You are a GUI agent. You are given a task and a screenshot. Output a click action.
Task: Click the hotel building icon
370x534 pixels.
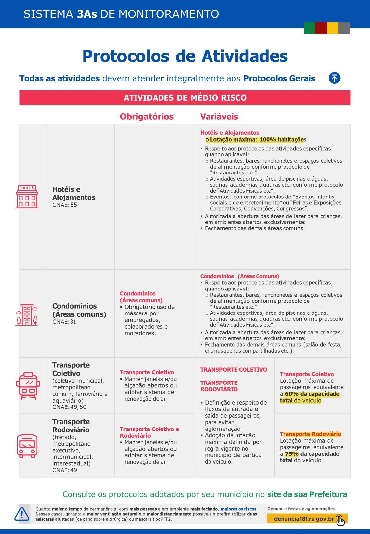coord(27,197)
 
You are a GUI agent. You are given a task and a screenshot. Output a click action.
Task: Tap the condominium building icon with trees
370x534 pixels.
coord(27,314)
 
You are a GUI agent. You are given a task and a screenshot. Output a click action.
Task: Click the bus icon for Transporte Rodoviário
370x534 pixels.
coord(27,446)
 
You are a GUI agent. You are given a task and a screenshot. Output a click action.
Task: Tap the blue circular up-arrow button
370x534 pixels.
coord(334,78)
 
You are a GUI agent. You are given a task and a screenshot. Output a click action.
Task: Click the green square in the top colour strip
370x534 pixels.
coord(309,28)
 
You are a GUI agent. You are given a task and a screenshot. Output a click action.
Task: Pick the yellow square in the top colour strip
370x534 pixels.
coord(333,28)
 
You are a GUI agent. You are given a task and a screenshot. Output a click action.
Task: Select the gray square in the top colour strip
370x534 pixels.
coord(344,28)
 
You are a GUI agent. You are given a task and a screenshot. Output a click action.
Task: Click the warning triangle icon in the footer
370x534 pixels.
coord(22,514)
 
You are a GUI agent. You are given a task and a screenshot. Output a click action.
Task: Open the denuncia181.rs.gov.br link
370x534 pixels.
coord(304,519)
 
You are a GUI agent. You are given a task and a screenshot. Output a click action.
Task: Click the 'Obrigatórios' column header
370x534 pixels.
coord(147,117)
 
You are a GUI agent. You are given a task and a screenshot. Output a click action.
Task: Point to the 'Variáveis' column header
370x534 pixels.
coord(219,117)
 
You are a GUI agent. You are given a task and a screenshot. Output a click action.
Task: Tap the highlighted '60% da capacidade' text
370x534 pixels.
coord(312,394)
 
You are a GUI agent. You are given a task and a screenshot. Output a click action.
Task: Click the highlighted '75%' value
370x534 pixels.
coord(292,454)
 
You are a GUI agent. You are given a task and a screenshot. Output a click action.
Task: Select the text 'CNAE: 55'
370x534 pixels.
coord(64,205)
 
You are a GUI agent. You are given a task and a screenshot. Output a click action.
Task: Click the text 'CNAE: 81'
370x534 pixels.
coord(64,322)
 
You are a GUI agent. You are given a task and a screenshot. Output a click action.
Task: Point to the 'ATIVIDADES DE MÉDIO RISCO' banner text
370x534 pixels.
coord(185,98)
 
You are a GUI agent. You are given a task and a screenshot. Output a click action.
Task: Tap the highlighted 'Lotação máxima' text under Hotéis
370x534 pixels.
coord(233,140)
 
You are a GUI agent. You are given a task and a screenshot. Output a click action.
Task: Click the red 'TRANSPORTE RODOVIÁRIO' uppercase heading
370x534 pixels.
coord(219,386)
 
